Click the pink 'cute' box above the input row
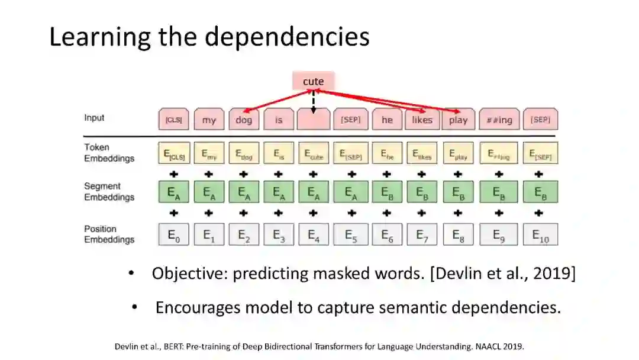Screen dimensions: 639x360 coord(314,81)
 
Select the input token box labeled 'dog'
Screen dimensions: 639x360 coord(243,120)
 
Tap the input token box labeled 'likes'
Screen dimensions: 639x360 coord(422,120)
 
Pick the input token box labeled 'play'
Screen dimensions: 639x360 coord(458,120)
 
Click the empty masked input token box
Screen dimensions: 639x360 coord(314,120)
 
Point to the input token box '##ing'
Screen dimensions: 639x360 coord(499,120)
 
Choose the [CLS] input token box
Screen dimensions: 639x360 coord(173,120)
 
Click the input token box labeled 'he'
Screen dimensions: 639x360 coord(387,120)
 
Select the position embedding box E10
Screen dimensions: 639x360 coord(540,234)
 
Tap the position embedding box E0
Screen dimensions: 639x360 coord(173,234)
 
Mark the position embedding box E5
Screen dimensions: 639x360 coord(351,234)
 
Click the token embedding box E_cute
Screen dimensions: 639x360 coord(314,154)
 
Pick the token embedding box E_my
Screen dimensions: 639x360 coord(208,154)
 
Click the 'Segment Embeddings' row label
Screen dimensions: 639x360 coord(109,192)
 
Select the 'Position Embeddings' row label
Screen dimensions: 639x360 coord(109,234)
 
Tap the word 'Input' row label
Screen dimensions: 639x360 coord(94,118)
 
